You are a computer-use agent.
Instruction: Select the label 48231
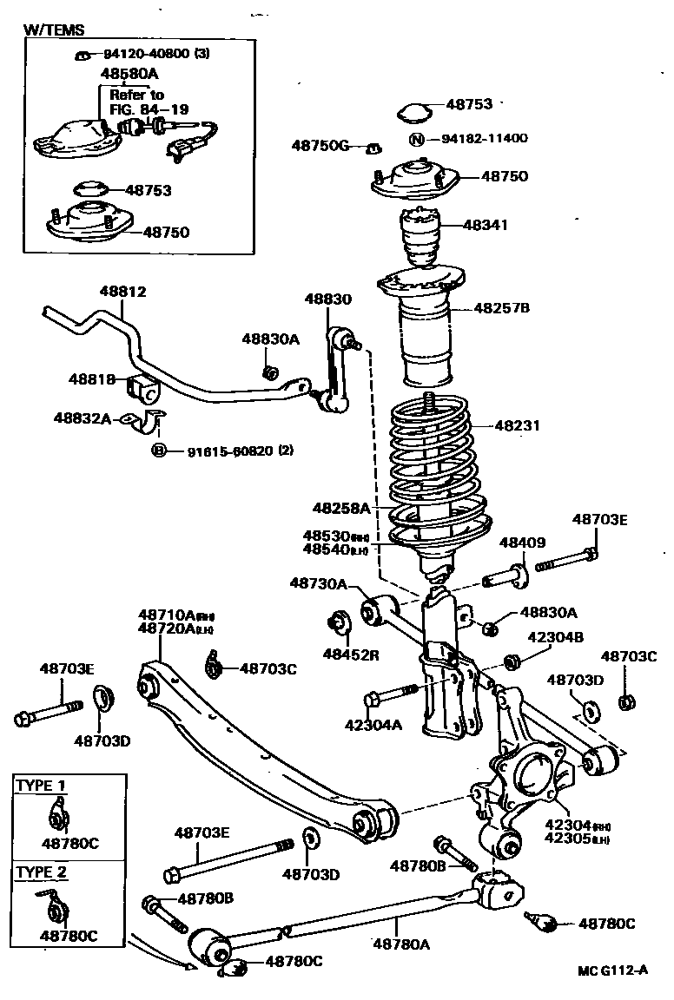[x=517, y=426]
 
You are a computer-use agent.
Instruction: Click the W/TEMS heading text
[x=54, y=30]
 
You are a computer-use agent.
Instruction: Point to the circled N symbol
[x=416, y=139]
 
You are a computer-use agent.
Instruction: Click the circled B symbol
[x=159, y=451]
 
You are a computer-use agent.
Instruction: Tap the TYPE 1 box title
[x=41, y=785]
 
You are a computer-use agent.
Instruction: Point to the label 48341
[x=486, y=225]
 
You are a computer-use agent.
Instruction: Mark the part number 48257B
[x=501, y=307]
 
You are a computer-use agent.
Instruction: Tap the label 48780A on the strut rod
[x=402, y=944]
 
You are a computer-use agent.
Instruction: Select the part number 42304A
[x=373, y=725]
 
